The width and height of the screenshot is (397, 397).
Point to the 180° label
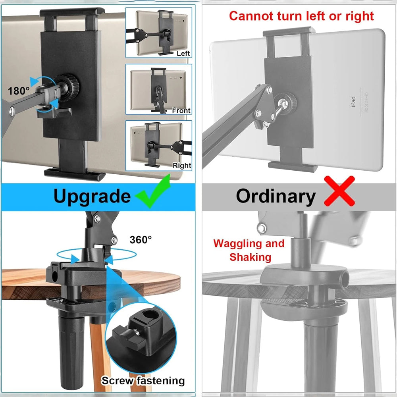coord(19,91)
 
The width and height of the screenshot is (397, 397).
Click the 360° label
coord(141,239)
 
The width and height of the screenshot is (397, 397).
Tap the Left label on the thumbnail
coord(183,54)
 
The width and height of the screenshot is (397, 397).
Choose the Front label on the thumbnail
coord(181,110)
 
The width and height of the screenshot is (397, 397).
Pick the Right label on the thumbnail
coord(182,165)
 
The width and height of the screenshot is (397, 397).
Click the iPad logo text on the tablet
coord(353,102)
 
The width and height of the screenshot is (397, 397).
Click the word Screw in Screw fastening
coord(117,381)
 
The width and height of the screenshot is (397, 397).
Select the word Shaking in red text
coord(251,257)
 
